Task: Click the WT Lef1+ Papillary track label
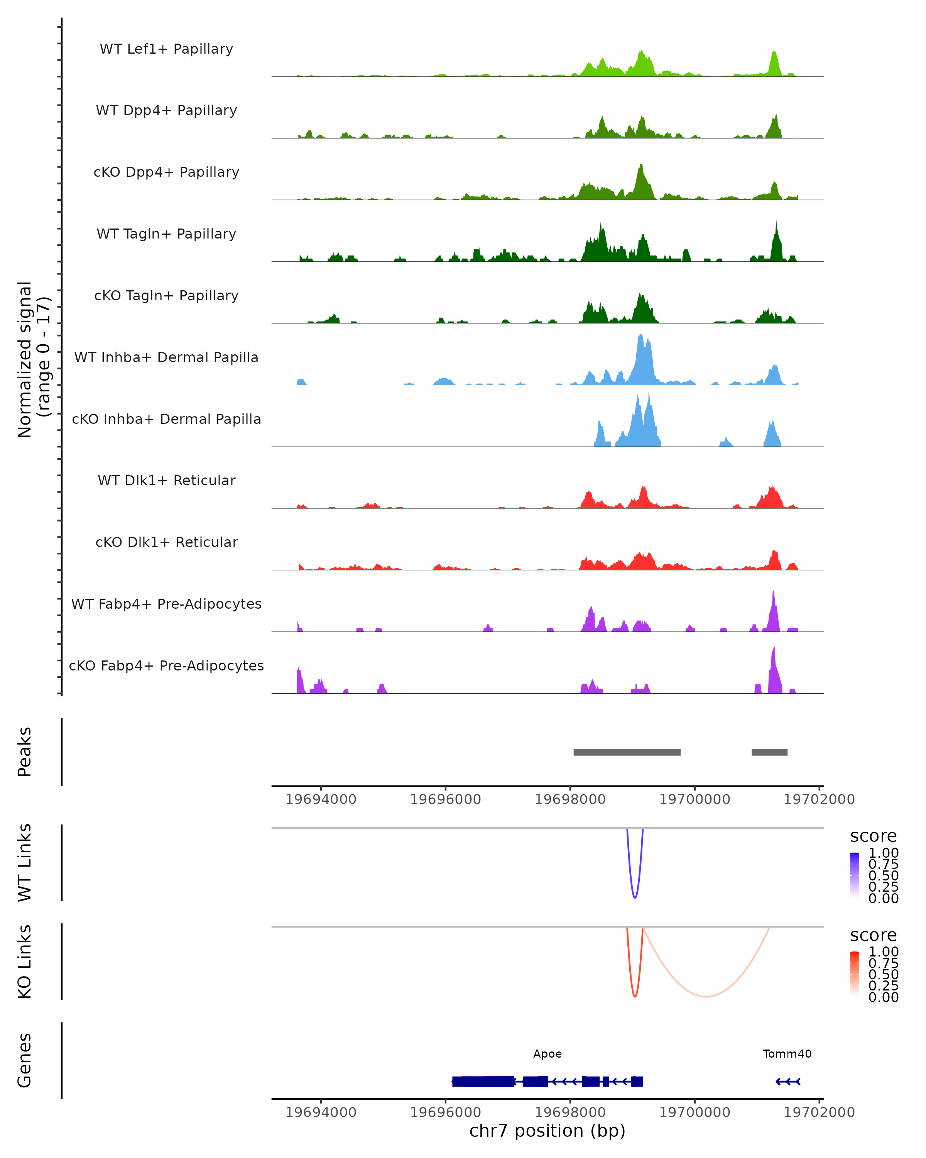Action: [x=166, y=49]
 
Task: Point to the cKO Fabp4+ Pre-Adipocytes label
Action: [x=166, y=665]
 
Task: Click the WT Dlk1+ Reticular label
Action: [x=166, y=480]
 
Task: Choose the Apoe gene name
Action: [x=547, y=1054]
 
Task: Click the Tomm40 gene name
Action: [x=787, y=1054]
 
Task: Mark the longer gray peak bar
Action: [x=627, y=752]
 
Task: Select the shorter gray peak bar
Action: [x=769, y=752]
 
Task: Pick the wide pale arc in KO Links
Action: [x=706, y=996]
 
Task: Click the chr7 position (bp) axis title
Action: [x=547, y=1131]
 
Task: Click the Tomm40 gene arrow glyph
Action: [x=788, y=1081]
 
